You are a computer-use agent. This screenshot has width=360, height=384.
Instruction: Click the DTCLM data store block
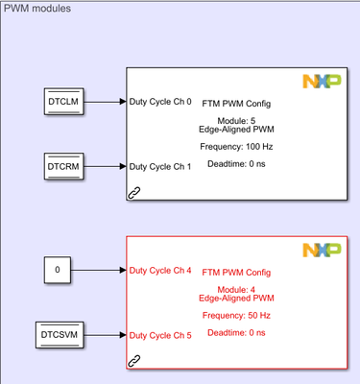coord(63,102)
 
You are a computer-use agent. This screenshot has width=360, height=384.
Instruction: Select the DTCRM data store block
coord(63,166)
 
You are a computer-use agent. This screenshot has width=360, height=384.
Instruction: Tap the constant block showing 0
coord(58,270)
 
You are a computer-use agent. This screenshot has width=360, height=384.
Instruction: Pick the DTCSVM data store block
coord(60,335)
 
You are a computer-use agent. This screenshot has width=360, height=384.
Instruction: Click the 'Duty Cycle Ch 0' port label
coord(160,102)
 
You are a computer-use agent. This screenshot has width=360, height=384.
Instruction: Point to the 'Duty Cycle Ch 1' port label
coord(160,167)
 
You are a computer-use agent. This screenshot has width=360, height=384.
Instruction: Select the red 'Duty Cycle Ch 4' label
coord(160,271)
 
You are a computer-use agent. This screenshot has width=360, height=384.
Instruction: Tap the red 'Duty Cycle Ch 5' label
coord(160,336)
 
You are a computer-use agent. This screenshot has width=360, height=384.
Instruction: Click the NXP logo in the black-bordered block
coord(322,82)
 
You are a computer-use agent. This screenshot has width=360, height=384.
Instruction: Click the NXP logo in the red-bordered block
coord(322,250)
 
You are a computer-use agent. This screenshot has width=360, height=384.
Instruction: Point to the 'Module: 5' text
coord(236,121)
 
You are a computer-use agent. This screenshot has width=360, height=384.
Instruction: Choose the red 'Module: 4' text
coord(236,290)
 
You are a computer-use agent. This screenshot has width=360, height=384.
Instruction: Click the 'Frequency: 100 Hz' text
coord(236,147)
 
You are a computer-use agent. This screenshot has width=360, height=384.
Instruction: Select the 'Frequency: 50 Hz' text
coord(236,316)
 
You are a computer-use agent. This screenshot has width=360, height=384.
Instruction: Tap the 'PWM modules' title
coord(37,9)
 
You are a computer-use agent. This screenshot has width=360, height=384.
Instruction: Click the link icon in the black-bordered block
coord(134,193)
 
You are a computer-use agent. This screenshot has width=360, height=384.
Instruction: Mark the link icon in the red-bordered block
coord(134,361)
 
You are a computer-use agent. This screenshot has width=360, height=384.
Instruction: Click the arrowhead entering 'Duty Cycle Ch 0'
coord(123,102)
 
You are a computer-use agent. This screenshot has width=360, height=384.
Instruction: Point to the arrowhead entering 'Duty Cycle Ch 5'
coord(123,335)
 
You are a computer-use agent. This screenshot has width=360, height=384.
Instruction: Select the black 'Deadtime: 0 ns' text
coord(236,164)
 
